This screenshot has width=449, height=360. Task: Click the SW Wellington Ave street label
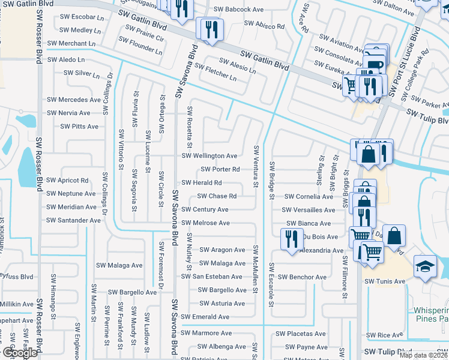[x=209, y=155]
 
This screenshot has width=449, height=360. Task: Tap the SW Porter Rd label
[x=220, y=169]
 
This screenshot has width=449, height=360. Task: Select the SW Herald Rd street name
[x=201, y=182]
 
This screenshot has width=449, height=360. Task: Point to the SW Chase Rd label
[x=217, y=196]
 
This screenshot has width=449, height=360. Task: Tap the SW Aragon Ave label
[x=222, y=250]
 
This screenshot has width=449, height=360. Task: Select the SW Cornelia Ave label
[x=308, y=196]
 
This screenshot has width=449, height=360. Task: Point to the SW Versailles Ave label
[x=309, y=210]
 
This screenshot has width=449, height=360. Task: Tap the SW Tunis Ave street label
[x=384, y=281]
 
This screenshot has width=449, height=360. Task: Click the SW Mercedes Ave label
[x=74, y=100]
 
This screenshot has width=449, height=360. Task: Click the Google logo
[x=19, y=353]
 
